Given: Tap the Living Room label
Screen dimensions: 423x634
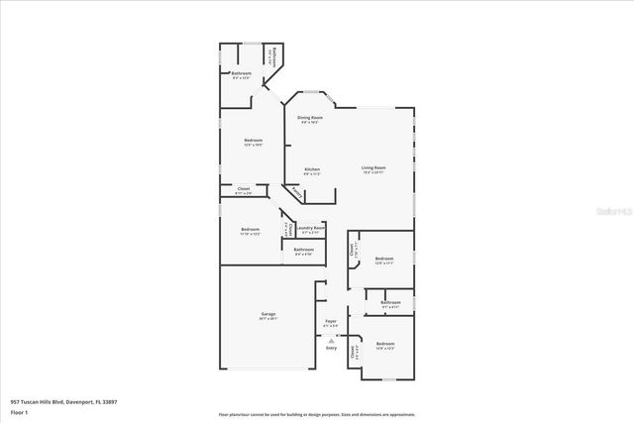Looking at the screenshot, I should (x=372, y=168).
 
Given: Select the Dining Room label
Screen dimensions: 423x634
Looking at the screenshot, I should (x=310, y=118).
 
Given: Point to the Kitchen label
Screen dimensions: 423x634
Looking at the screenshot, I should (x=312, y=169).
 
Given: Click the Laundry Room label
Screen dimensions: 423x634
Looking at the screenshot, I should (x=312, y=228).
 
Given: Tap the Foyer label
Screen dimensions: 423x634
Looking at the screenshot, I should (x=331, y=321).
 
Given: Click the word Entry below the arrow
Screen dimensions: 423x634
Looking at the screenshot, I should (x=331, y=348).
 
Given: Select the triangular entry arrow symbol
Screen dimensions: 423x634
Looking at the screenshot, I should (x=331, y=340).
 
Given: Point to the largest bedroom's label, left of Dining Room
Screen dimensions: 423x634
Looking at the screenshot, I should (x=253, y=141).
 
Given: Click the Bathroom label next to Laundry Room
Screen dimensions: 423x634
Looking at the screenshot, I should (x=304, y=249).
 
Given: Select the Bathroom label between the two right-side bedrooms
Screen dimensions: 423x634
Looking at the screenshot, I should (x=390, y=302).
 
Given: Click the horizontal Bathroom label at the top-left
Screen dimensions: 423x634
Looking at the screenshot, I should (x=242, y=73).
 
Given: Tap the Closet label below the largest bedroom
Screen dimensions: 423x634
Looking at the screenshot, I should (x=244, y=188).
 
